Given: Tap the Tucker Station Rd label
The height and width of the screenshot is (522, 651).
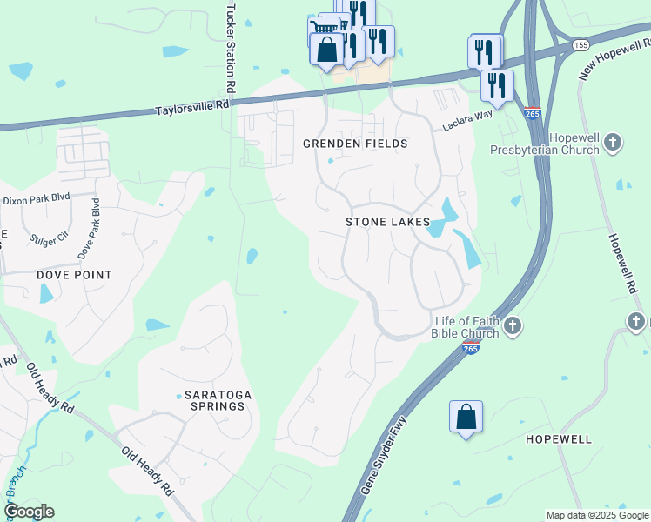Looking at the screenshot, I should pos(232,47).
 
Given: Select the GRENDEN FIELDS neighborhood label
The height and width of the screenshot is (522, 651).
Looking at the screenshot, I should pos(354,143).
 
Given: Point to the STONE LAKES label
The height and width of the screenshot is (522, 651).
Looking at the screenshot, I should pos(387,222).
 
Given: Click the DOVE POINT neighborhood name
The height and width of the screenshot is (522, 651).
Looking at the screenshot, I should pos(74,275).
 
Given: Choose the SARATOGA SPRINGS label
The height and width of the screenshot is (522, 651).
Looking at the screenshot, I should pos(218,400).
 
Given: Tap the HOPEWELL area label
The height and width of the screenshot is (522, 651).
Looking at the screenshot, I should pos(559,439).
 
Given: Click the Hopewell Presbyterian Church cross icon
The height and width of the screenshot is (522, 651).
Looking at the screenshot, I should pos(614,141).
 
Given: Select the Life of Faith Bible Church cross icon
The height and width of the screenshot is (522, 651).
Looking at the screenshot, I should pos(513,326).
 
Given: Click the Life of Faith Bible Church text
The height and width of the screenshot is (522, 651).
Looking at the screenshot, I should pos(466,327).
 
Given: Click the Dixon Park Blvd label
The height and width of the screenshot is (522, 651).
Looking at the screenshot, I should pos(35,199).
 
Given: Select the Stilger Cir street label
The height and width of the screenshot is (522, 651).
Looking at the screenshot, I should pos(50,235).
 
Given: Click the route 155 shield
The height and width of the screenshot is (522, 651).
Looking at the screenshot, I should pos(581,43).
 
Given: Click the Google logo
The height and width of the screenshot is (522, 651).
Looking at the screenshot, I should pos(29,512).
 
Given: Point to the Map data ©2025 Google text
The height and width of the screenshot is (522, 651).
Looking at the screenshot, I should pos(596,515).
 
